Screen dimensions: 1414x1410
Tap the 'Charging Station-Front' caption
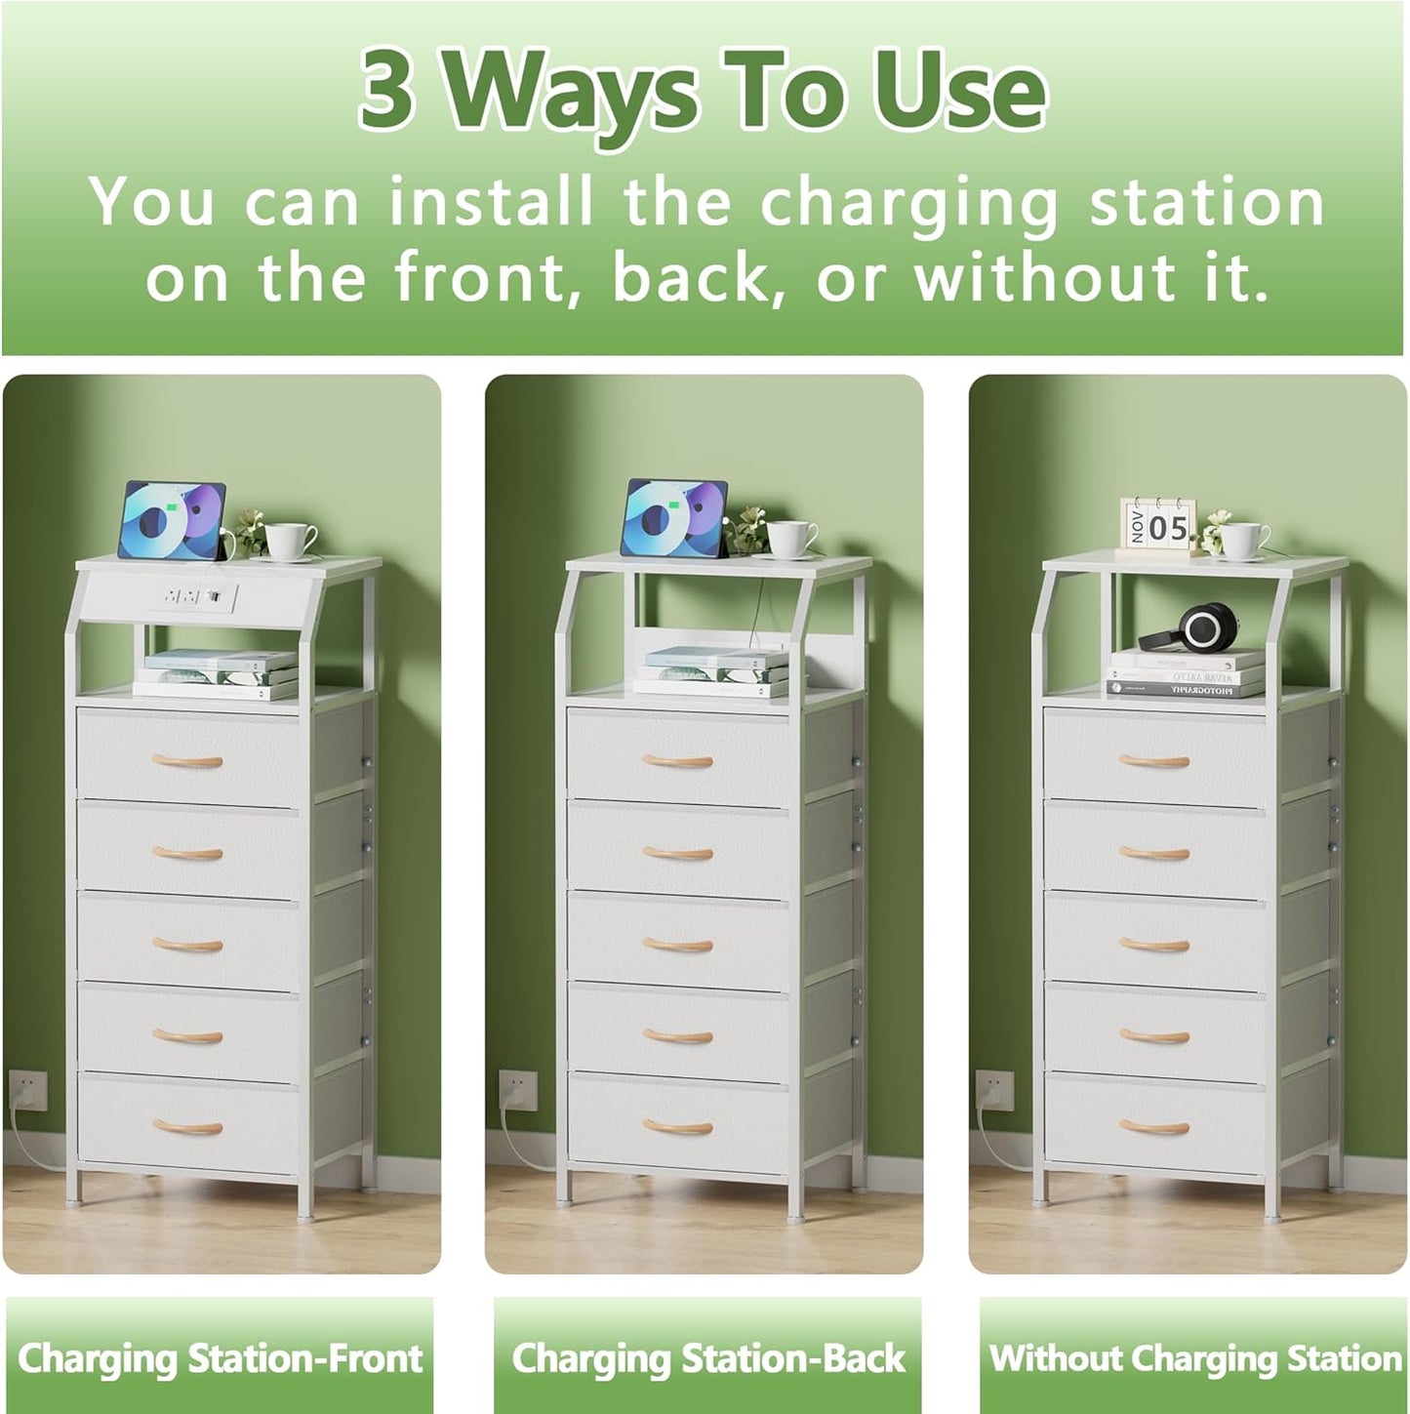pos(220,1358)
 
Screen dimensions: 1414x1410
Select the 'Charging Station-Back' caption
pos(708,1358)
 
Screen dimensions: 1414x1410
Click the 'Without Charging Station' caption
pos(1195,1358)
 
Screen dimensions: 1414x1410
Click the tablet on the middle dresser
pos(673,519)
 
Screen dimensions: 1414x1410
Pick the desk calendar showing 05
pos(1157,528)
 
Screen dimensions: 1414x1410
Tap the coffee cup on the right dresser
pos(1243,540)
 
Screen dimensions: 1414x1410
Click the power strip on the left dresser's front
pos(195,594)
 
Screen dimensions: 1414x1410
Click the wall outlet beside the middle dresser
pos(516,1091)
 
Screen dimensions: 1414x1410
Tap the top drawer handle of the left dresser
pos(187,761)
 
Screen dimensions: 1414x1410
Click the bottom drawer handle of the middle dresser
pos(677,1128)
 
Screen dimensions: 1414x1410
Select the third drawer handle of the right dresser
pos(1154,945)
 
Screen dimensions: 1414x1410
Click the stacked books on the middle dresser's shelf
pos(710,671)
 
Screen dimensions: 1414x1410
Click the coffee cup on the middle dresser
pos(792,539)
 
